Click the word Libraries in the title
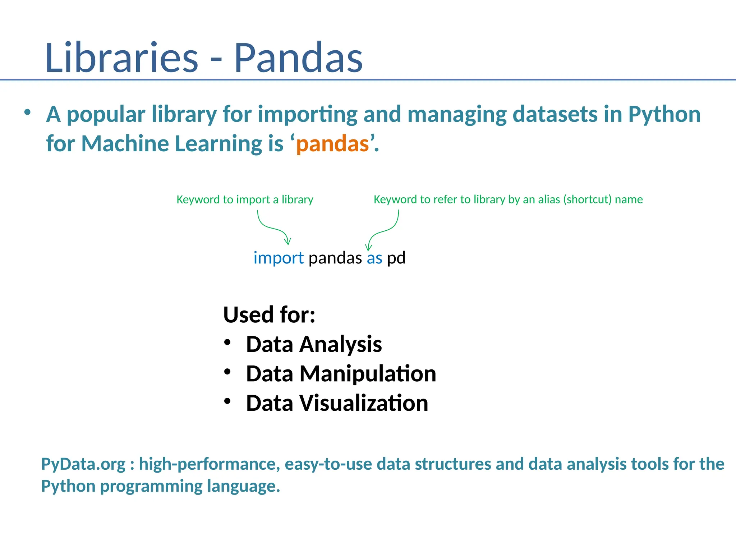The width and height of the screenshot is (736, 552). (121, 57)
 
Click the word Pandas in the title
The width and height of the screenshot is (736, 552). (298, 57)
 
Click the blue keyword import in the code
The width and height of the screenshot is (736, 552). (279, 258)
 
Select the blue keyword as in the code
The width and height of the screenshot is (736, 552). (374, 258)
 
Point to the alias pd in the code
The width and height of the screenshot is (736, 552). (396, 258)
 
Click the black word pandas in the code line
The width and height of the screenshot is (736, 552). (335, 258)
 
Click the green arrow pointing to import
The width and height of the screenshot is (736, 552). (273, 228)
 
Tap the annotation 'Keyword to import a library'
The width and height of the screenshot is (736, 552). (245, 199)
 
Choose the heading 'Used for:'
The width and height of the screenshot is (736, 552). (269, 314)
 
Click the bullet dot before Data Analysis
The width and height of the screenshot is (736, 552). (227, 342)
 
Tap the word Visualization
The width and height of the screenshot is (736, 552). (364, 403)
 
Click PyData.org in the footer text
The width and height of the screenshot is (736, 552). (83, 464)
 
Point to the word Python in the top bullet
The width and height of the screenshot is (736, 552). (664, 114)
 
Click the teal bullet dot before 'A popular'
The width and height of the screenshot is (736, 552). (27, 112)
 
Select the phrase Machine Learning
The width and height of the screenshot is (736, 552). (172, 144)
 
